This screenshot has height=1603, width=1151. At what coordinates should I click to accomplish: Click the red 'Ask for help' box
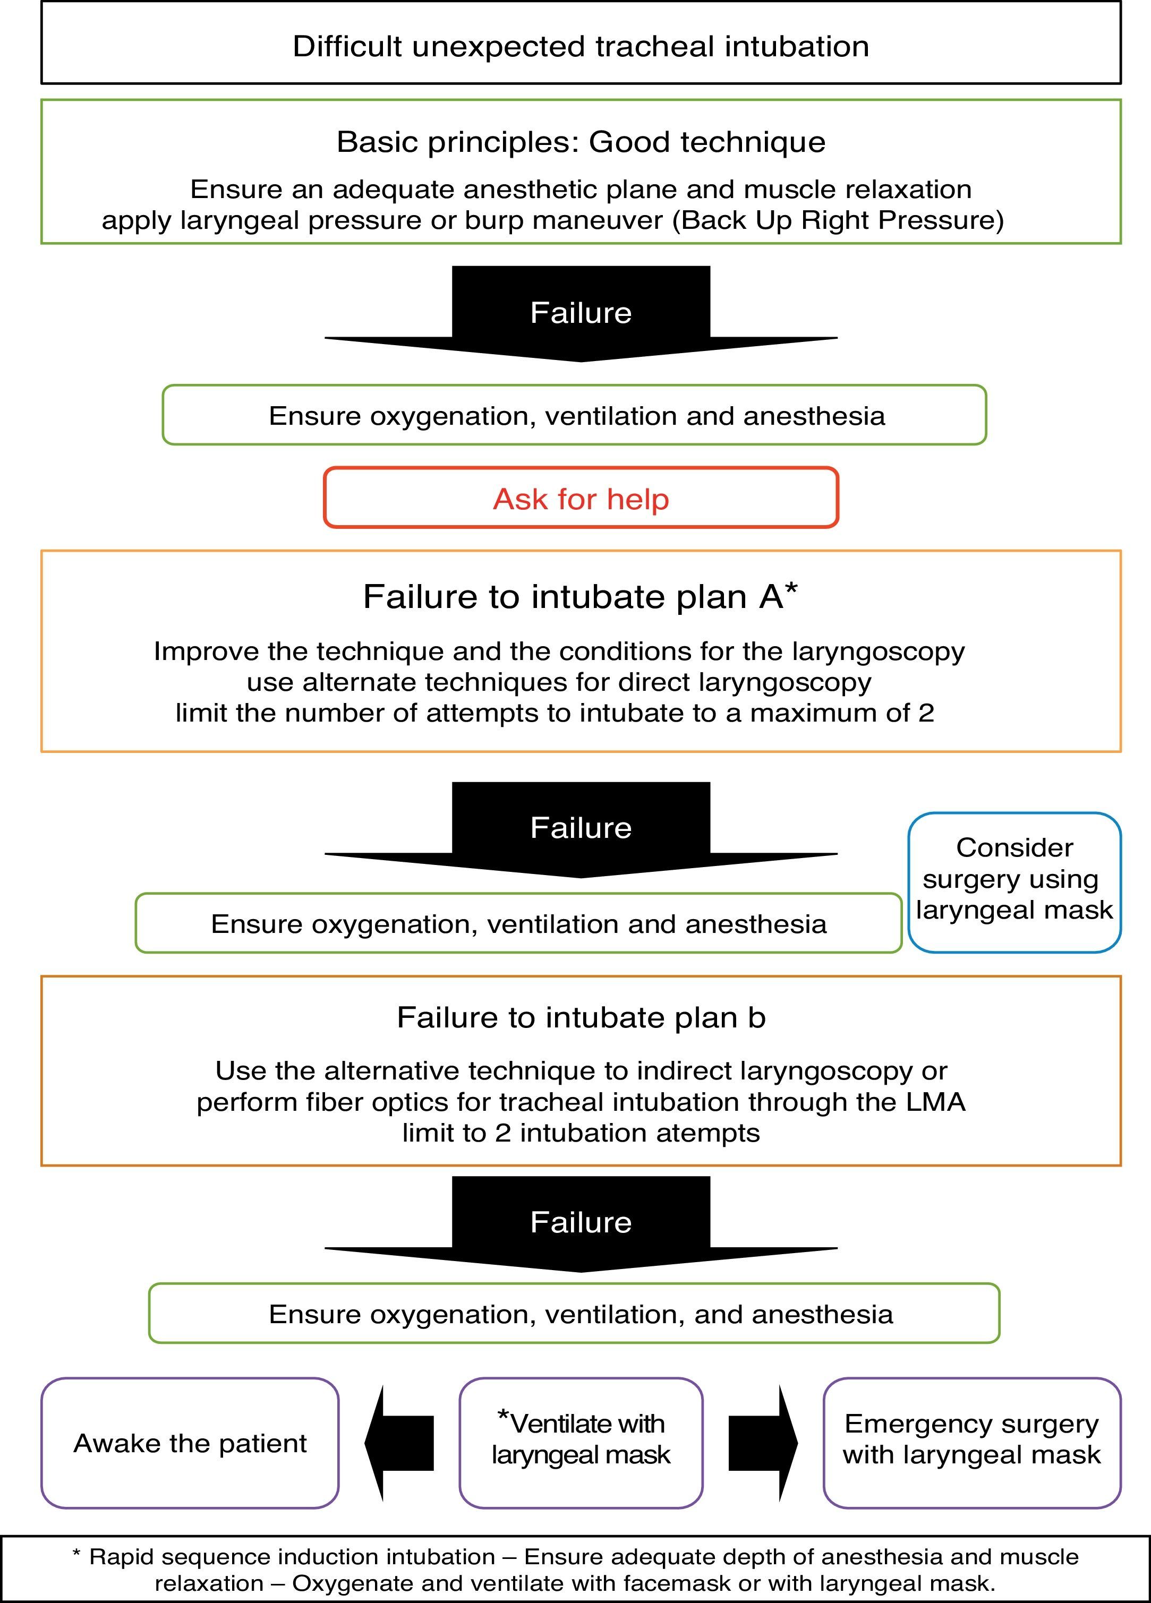pos(581,498)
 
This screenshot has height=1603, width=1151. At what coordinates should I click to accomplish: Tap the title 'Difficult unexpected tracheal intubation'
pos(581,47)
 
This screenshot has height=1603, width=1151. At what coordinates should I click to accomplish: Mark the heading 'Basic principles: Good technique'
pos(581,142)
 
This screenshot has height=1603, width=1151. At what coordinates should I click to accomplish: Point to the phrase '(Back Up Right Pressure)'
pos(838,220)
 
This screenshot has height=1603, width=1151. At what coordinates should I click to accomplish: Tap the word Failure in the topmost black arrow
pos(581,312)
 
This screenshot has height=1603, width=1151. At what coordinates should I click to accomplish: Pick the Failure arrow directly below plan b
pos(581,1222)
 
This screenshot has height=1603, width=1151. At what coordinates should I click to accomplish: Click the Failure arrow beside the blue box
pos(581,828)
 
